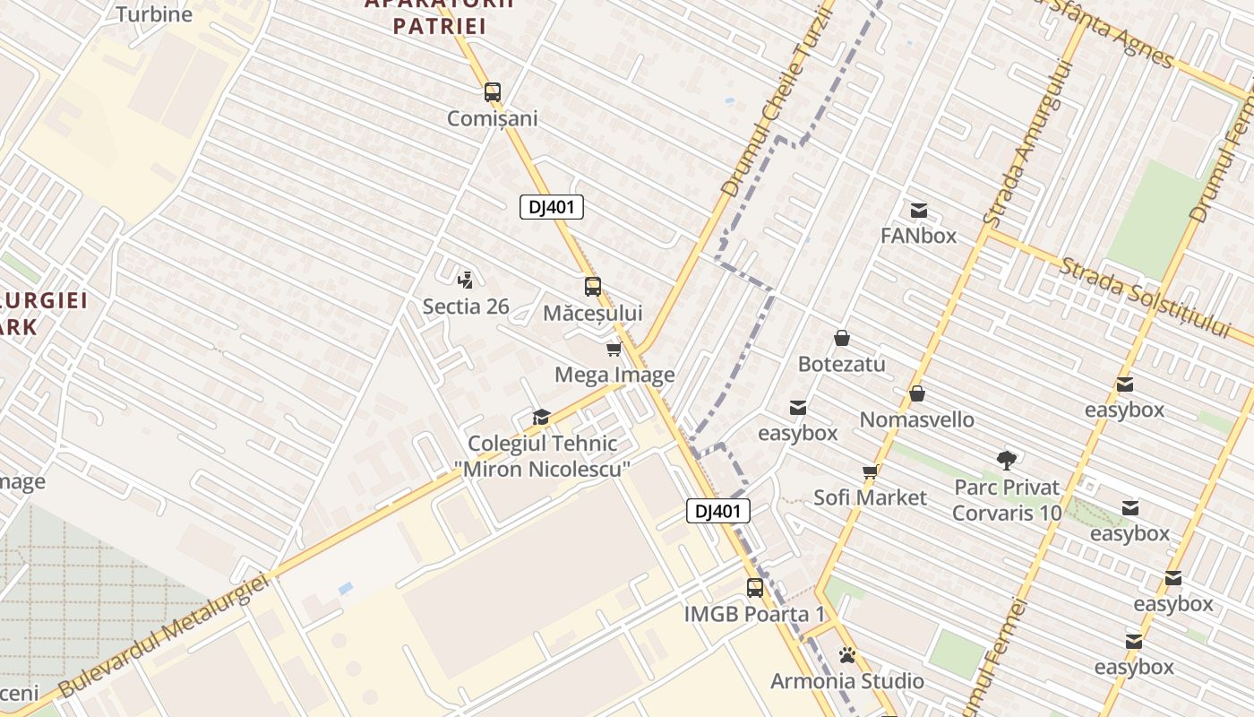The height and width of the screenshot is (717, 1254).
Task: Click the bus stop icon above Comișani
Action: coord(492,92)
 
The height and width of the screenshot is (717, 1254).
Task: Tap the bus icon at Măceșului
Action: coord(592,287)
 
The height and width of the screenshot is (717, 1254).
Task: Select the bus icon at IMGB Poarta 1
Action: coord(755,588)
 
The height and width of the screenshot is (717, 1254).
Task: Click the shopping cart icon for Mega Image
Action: coord(614,349)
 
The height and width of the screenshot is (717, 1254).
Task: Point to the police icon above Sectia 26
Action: coord(465,279)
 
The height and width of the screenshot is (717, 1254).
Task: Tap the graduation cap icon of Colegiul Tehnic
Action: coord(541,417)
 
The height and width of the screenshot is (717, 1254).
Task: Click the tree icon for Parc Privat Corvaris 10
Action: coord(1007,461)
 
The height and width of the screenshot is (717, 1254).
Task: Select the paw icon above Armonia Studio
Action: coord(847,655)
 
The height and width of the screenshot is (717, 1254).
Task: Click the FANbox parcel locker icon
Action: coord(918,211)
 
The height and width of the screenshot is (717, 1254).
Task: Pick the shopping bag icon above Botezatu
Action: coord(841,338)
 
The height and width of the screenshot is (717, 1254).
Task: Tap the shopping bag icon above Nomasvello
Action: coord(916,393)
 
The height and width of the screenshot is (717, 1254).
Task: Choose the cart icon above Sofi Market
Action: coord(869,471)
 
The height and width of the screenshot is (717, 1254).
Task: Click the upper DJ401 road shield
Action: coord(552,207)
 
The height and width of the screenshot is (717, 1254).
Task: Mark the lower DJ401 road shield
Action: coord(718,511)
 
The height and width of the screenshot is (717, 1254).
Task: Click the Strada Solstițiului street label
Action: coord(1146,297)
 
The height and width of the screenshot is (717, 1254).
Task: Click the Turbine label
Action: coord(154,14)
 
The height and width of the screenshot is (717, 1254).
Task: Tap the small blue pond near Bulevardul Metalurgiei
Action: coord(346,588)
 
